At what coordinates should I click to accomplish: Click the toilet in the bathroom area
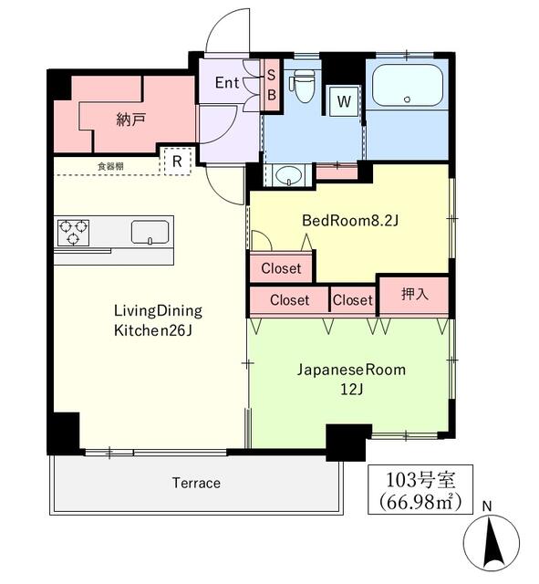click(303, 87)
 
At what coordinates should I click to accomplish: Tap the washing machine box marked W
click(344, 101)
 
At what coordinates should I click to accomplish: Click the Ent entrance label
click(227, 83)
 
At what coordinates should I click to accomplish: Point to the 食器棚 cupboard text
click(110, 166)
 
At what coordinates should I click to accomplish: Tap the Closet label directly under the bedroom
click(282, 268)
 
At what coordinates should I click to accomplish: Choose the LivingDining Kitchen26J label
click(157, 319)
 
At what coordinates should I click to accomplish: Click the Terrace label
click(195, 483)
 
